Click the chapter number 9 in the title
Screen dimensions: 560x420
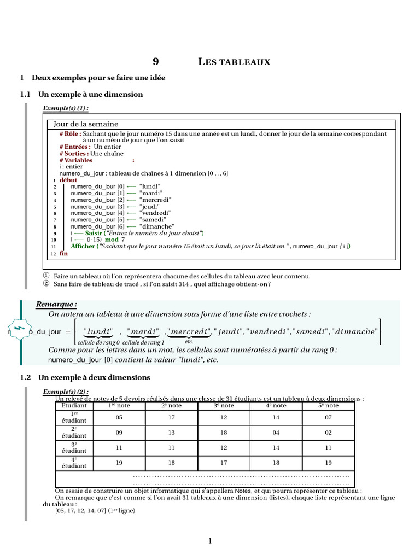point(155,62)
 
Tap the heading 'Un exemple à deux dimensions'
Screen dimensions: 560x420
point(94,378)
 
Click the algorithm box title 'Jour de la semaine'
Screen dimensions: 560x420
point(86,124)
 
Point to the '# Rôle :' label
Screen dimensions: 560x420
point(71,134)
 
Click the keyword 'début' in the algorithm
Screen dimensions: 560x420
point(68,180)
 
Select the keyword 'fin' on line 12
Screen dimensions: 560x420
point(63,254)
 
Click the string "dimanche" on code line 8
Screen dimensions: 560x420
point(157,226)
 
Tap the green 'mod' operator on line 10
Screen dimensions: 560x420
point(112,240)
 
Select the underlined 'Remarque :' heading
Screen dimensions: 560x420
point(56,304)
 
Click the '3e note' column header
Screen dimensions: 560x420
point(224,406)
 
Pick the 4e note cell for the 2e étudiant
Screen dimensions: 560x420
point(276,433)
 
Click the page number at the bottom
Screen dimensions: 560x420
point(209,541)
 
